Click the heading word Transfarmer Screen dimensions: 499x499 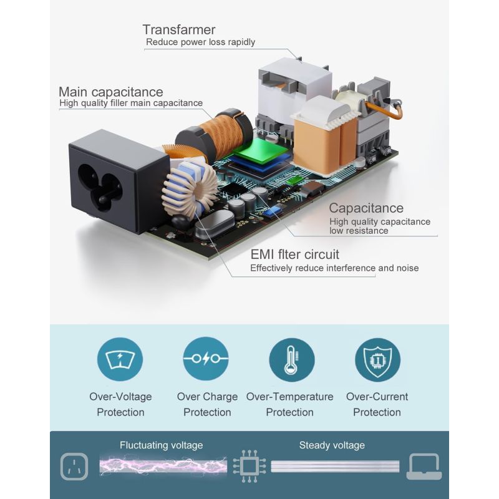(178, 29)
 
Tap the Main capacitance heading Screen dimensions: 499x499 (110, 92)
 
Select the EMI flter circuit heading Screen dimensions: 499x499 (294, 254)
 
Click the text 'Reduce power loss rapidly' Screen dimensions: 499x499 (200, 42)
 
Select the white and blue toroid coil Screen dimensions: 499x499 (190, 187)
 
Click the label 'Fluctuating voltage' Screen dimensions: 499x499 (161, 445)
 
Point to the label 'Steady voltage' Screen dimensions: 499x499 (332, 445)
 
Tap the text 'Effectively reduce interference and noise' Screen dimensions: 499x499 (334, 268)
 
